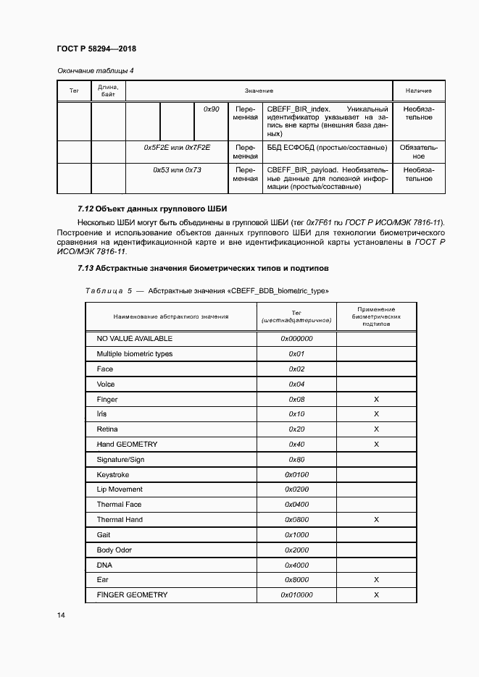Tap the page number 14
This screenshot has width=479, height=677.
click(x=60, y=615)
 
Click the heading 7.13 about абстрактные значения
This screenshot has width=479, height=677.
click(x=203, y=268)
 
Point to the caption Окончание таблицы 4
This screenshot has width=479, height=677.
click(x=95, y=70)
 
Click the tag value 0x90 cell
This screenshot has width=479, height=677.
click(x=212, y=109)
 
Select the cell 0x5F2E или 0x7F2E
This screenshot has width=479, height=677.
click(x=177, y=147)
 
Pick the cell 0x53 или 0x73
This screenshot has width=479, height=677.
click(x=177, y=169)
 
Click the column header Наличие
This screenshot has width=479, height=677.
click(x=418, y=91)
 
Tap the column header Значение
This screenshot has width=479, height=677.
click(x=259, y=91)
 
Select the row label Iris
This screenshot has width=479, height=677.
click(x=101, y=414)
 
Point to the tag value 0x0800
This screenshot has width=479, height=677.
click(x=296, y=520)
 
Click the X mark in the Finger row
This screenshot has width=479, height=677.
click(x=376, y=400)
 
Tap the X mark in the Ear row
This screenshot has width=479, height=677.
click(x=376, y=580)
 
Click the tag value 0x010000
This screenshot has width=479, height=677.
click(x=296, y=595)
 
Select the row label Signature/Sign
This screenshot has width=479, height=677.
click(x=120, y=460)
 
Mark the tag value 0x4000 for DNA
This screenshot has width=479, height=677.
click(x=296, y=565)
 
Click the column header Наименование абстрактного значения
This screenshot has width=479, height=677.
click(x=170, y=316)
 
